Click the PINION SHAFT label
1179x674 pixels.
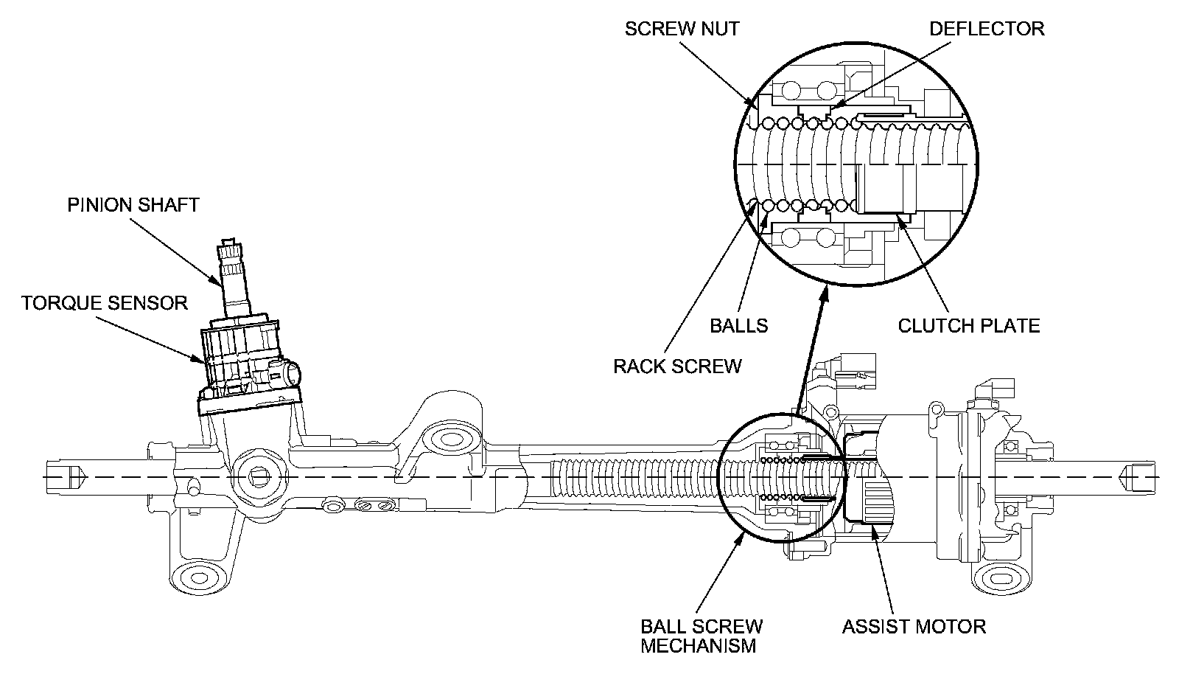[x=133, y=204]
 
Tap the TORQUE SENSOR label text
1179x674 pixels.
[x=104, y=302]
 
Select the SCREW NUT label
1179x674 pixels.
[x=682, y=29]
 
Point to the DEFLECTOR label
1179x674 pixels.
[x=987, y=29]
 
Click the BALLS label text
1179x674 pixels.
[x=738, y=325]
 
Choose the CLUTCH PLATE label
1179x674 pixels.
[x=968, y=325]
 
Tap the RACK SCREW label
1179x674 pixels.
[x=677, y=366]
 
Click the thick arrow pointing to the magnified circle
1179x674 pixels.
[x=811, y=347]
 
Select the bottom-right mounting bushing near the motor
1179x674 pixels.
[x=1001, y=577]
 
